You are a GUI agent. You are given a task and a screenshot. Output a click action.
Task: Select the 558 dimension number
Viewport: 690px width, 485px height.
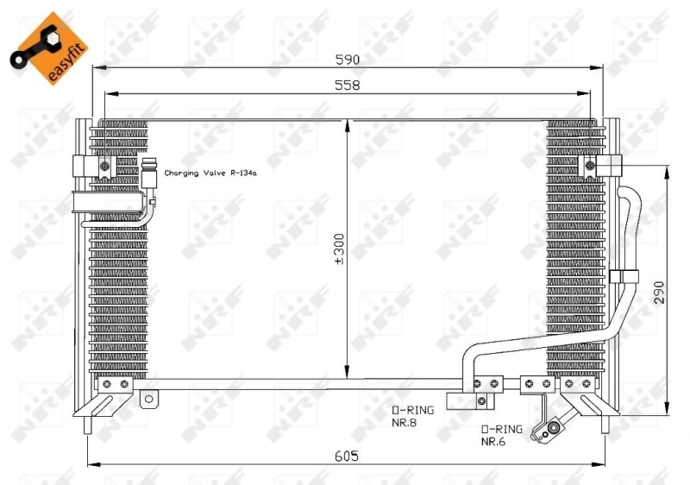click(347, 85)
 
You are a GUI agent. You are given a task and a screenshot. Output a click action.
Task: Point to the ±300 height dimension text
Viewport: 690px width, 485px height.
click(339, 248)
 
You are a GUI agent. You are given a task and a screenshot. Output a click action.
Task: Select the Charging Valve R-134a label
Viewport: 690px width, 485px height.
click(210, 173)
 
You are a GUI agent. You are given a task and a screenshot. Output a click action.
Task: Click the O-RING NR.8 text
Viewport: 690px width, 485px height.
click(409, 416)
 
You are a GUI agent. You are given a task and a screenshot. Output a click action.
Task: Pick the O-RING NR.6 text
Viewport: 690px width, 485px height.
click(501, 435)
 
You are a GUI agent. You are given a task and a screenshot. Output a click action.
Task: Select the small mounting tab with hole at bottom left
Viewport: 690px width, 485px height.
click(149, 399)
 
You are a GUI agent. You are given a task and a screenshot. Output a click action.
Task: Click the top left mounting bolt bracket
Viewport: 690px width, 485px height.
click(104, 166)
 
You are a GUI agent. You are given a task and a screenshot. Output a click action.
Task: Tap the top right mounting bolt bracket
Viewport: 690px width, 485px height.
click(592, 165)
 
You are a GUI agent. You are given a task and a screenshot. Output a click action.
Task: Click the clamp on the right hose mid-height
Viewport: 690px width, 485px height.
click(623, 277)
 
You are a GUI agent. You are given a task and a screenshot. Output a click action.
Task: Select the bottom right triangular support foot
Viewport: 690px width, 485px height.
click(595, 406)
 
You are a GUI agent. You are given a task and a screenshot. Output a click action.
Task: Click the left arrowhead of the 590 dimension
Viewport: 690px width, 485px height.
click(96, 67)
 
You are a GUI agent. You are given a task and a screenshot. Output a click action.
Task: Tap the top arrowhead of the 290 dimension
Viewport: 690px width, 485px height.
click(667, 170)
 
